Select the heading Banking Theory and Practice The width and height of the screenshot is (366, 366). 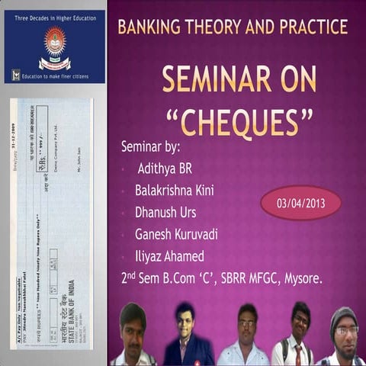[x=233, y=27]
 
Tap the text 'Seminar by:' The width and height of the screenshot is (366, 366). [x=150, y=146]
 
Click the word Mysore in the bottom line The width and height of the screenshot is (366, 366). [x=303, y=278]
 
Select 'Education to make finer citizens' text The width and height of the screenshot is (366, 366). [x=60, y=75]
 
